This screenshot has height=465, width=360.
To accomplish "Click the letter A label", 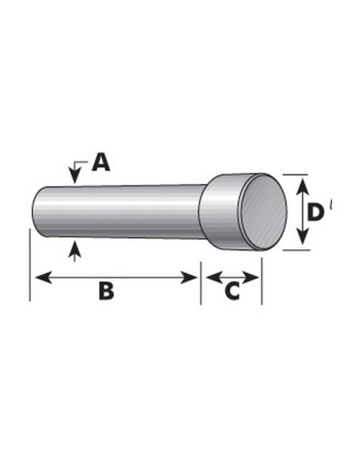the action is (x=101, y=162).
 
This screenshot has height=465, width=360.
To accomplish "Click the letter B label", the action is (x=106, y=291).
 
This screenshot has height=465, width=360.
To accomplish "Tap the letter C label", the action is (x=233, y=291).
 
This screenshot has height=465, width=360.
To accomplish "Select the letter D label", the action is (x=315, y=213).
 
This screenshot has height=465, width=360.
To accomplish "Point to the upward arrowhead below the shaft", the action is (x=75, y=248).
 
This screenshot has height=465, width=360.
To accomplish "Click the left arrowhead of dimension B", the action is (x=44, y=278).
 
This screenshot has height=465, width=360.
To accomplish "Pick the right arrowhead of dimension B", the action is (x=188, y=278).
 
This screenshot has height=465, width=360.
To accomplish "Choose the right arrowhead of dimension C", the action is (x=251, y=278).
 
